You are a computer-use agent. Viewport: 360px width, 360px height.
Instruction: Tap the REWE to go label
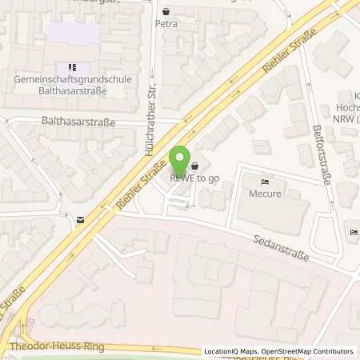(193, 178)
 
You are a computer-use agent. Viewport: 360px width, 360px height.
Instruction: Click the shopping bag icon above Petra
(166, 12)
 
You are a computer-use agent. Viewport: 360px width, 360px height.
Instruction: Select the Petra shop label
(166, 25)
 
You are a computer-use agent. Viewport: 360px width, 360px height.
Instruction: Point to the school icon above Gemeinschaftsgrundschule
(72, 68)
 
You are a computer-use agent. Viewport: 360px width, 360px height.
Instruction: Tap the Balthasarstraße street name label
(78, 122)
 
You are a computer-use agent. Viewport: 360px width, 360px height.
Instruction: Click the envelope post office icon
(80, 218)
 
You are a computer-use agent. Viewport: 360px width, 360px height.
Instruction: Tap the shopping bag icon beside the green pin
(195, 166)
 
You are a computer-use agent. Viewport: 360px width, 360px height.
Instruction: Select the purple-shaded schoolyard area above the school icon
(73, 34)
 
